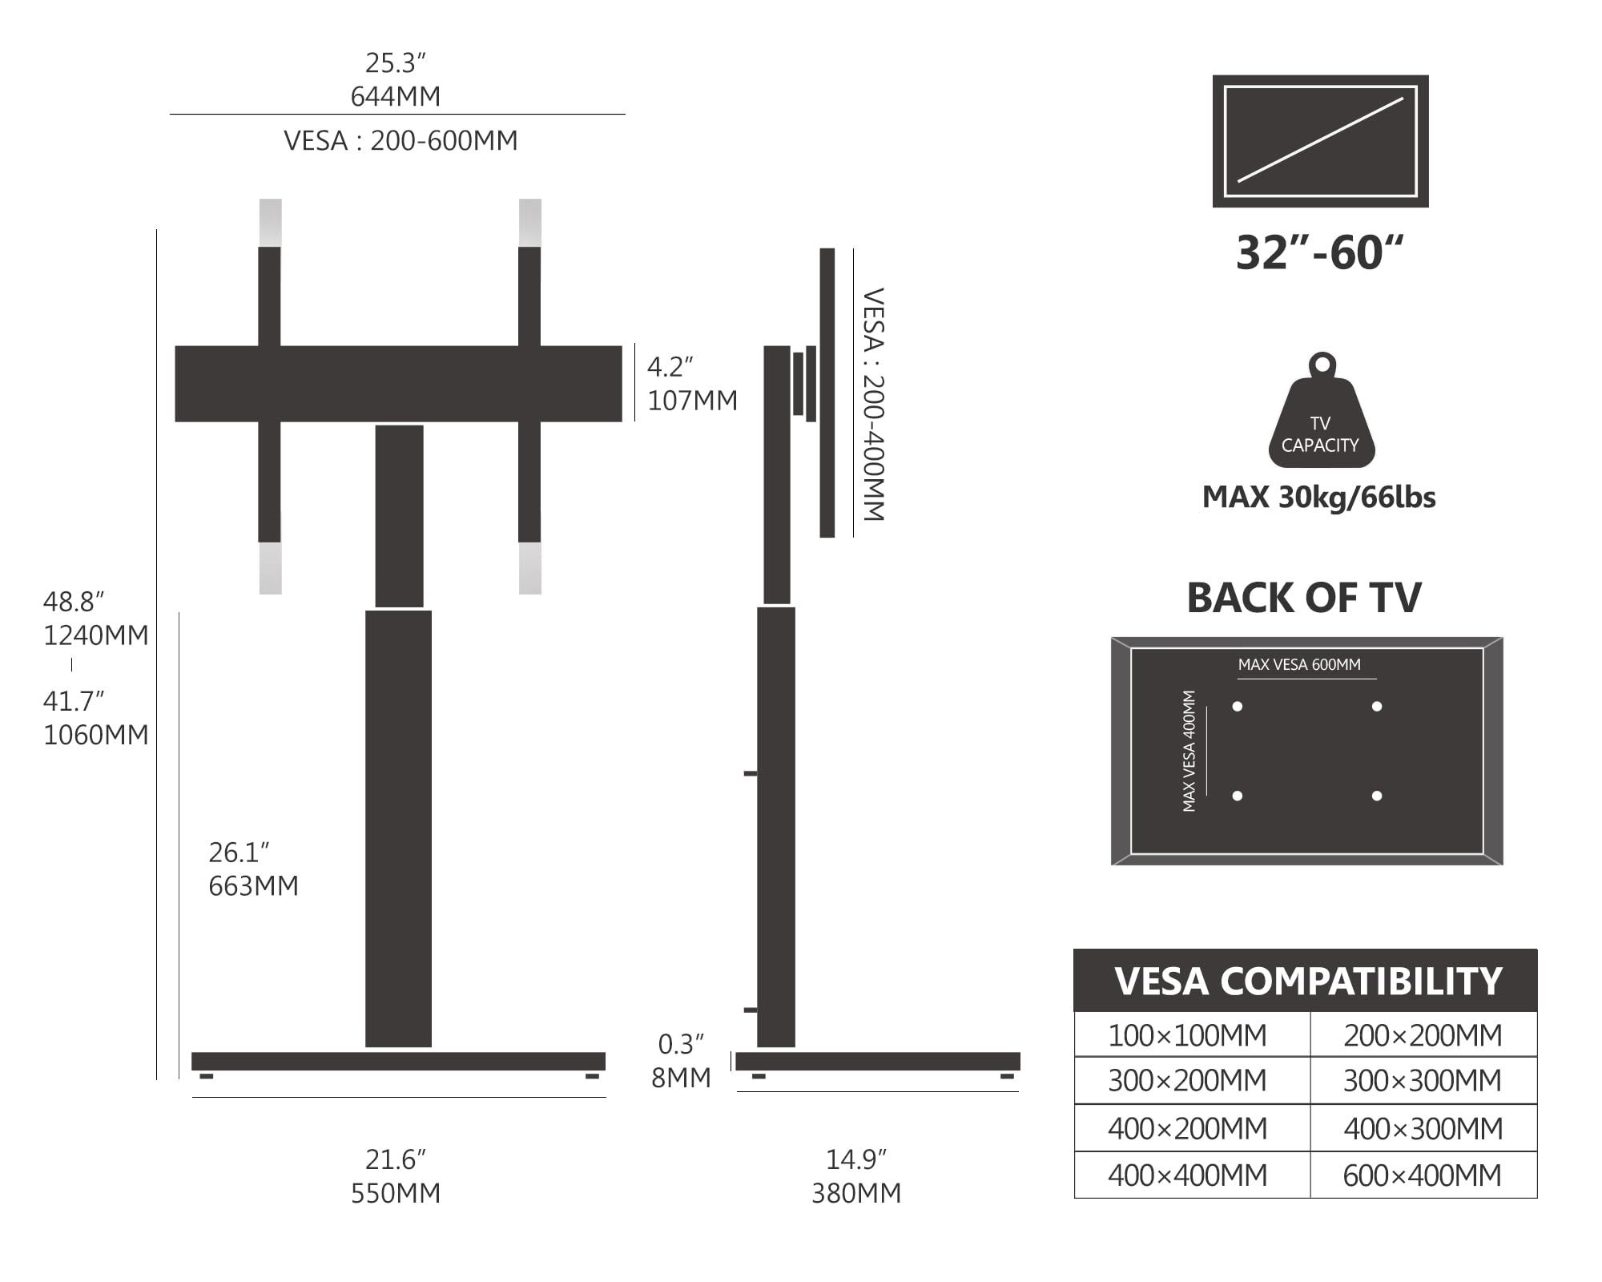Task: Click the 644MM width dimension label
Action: (396, 97)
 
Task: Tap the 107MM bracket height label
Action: (692, 401)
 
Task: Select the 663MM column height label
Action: (253, 886)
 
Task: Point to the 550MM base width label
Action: (396, 1193)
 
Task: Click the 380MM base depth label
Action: (856, 1193)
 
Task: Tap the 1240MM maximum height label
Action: (95, 635)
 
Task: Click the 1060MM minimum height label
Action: (95, 735)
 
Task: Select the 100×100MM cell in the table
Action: (1187, 1035)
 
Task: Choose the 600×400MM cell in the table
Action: (1422, 1175)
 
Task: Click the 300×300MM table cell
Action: (1422, 1081)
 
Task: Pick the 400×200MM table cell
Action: (1187, 1128)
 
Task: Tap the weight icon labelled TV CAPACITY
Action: (1321, 417)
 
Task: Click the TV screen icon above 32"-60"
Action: (1320, 141)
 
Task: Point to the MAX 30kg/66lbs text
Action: (1318, 498)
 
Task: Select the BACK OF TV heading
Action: (1304, 598)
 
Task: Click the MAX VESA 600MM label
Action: (1299, 665)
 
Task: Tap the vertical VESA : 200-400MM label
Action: (873, 404)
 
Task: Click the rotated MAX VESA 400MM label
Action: (1189, 751)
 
